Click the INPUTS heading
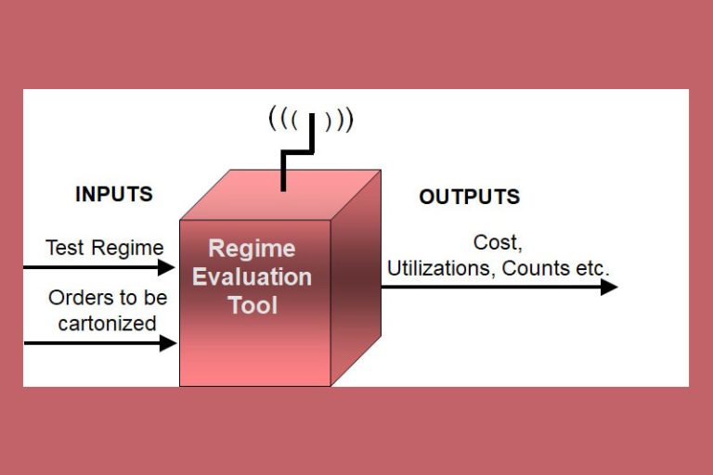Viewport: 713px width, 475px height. [113, 195]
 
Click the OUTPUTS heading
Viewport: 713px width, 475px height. [469, 197]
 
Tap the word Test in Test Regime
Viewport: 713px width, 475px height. [65, 248]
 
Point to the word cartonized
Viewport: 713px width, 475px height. [107, 323]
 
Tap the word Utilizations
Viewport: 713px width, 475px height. [440, 268]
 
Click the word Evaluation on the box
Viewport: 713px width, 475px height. [252, 276]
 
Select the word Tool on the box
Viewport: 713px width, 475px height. [253, 304]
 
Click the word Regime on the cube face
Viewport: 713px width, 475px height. [252, 249]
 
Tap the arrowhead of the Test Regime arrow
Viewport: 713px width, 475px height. [168, 267]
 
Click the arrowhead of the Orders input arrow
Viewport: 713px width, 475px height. [168, 343]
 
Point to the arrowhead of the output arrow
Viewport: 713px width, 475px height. [609, 287]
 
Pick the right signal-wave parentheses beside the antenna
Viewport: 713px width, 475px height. [340, 119]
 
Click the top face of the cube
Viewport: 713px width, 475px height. [279, 197]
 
